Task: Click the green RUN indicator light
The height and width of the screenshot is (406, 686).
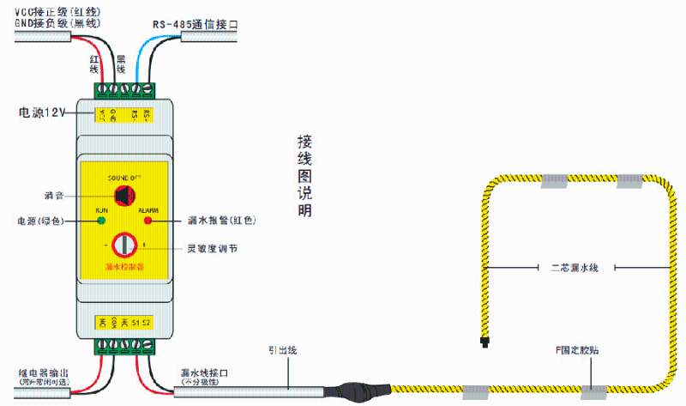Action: tap(101, 221)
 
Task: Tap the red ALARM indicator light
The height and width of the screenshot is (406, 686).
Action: tap(147, 221)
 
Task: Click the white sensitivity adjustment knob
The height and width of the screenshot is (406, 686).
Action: tap(126, 245)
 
